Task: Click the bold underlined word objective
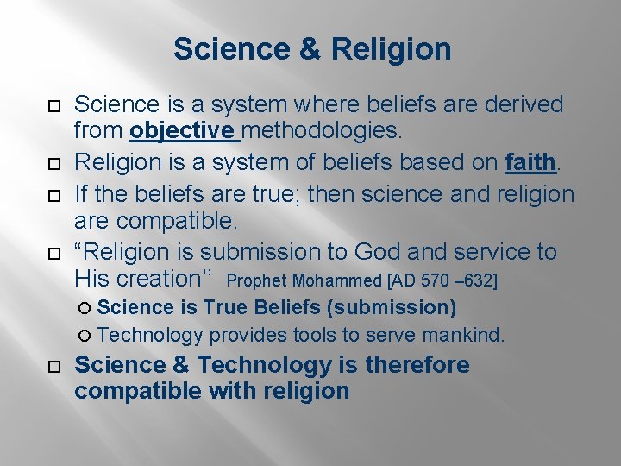(x=182, y=132)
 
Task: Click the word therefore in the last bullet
(x=417, y=365)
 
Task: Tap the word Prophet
(x=258, y=281)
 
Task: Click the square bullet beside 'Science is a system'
(x=53, y=107)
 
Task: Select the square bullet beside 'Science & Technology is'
(x=53, y=367)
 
